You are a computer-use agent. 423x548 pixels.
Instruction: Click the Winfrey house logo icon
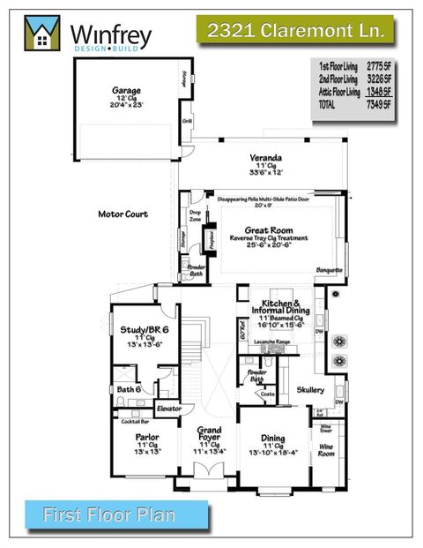(39, 34)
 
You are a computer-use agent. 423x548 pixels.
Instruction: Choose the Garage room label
(126, 90)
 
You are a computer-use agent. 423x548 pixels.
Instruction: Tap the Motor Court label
(123, 214)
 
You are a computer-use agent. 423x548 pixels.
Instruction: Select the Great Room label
(266, 229)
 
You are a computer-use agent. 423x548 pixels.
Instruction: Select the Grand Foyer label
(209, 437)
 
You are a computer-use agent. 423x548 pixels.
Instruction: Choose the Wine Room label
(326, 447)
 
